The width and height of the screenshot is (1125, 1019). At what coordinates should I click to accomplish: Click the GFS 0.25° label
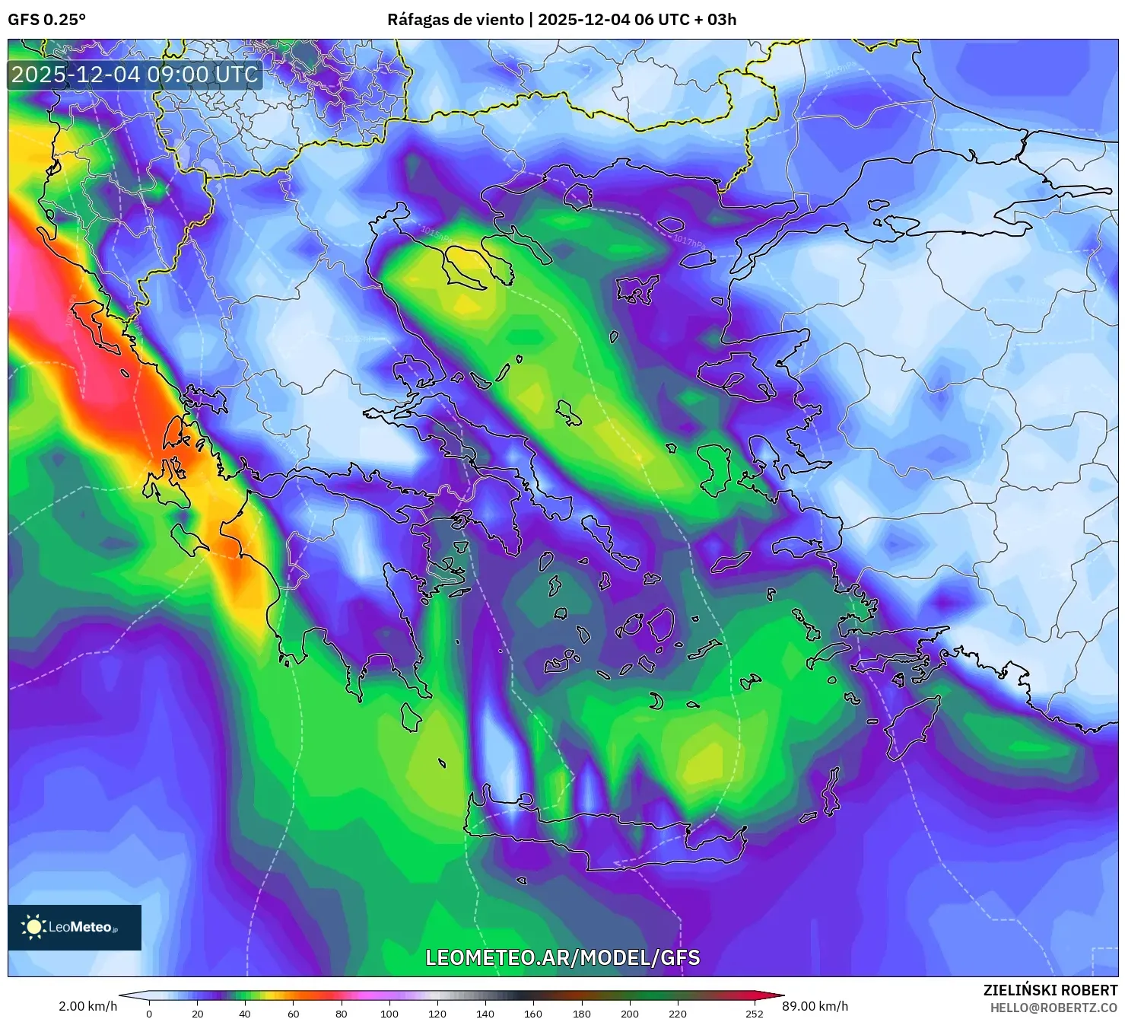pyautogui.click(x=46, y=20)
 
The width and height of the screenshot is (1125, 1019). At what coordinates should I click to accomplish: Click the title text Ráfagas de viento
pyautogui.click(x=455, y=20)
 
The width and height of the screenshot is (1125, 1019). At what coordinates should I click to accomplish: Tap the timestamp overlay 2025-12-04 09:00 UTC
pyautogui.click(x=135, y=75)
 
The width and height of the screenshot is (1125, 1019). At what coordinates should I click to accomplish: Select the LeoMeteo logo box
pyautogui.click(x=75, y=927)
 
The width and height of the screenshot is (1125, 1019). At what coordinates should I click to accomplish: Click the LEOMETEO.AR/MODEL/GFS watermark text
pyautogui.click(x=562, y=957)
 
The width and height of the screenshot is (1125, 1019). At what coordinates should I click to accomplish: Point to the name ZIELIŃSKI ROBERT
pyautogui.click(x=1050, y=990)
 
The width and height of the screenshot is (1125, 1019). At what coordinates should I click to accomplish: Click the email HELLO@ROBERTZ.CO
pyautogui.click(x=1053, y=1008)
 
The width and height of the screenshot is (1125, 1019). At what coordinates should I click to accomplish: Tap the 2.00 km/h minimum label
pyautogui.click(x=87, y=1006)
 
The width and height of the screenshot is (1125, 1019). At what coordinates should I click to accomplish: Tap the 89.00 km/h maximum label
pyautogui.click(x=815, y=1006)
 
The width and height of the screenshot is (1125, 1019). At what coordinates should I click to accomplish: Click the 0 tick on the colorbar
pyautogui.click(x=149, y=1013)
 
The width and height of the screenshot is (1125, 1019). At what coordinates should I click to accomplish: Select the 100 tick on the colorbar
pyautogui.click(x=389, y=1013)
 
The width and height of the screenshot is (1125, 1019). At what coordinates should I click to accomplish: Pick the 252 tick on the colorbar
pyautogui.click(x=754, y=1013)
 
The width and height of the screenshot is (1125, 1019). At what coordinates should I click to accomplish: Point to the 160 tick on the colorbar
pyautogui.click(x=533, y=1013)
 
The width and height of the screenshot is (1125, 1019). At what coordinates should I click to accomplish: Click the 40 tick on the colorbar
pyautogui.click(x=245, y=1013)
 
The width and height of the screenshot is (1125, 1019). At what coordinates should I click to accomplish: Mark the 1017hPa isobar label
pyautogui.click(x=688, y=240)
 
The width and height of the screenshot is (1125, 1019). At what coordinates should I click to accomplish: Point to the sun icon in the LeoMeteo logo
pyautogui.click(x=34, y=927)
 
